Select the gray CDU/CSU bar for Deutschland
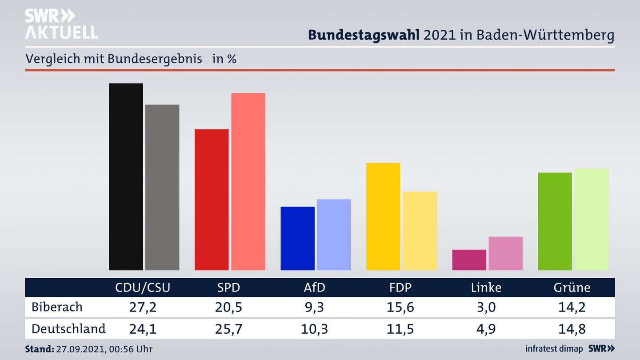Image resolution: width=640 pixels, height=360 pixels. [x=162, y=187]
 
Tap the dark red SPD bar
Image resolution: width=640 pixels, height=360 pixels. [x=212, y=200]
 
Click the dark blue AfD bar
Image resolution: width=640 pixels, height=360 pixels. [x=297, y=238]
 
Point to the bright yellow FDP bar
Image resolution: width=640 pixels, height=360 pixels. [x=383, y=216]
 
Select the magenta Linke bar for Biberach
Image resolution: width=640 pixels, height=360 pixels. [x=469, y=260]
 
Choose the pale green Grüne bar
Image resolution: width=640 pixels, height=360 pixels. [x=591, y=219]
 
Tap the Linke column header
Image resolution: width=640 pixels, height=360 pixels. [x=486, y=288]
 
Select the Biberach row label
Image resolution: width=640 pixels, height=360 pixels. [x=57, y=307]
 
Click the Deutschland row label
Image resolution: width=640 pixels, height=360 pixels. [x=68, y=329]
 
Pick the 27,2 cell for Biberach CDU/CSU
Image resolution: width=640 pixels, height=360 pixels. [x=142, y=307]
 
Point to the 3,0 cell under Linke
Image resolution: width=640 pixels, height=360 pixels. [x=486, y=307]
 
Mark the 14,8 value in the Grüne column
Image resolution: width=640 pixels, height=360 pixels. [x=572, y=329]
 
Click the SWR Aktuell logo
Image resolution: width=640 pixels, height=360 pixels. [x=61, y=24]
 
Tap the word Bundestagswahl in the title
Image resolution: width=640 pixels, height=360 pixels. [x=364, y=35]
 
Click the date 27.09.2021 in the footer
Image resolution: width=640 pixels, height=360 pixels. [x=79, y=349]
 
